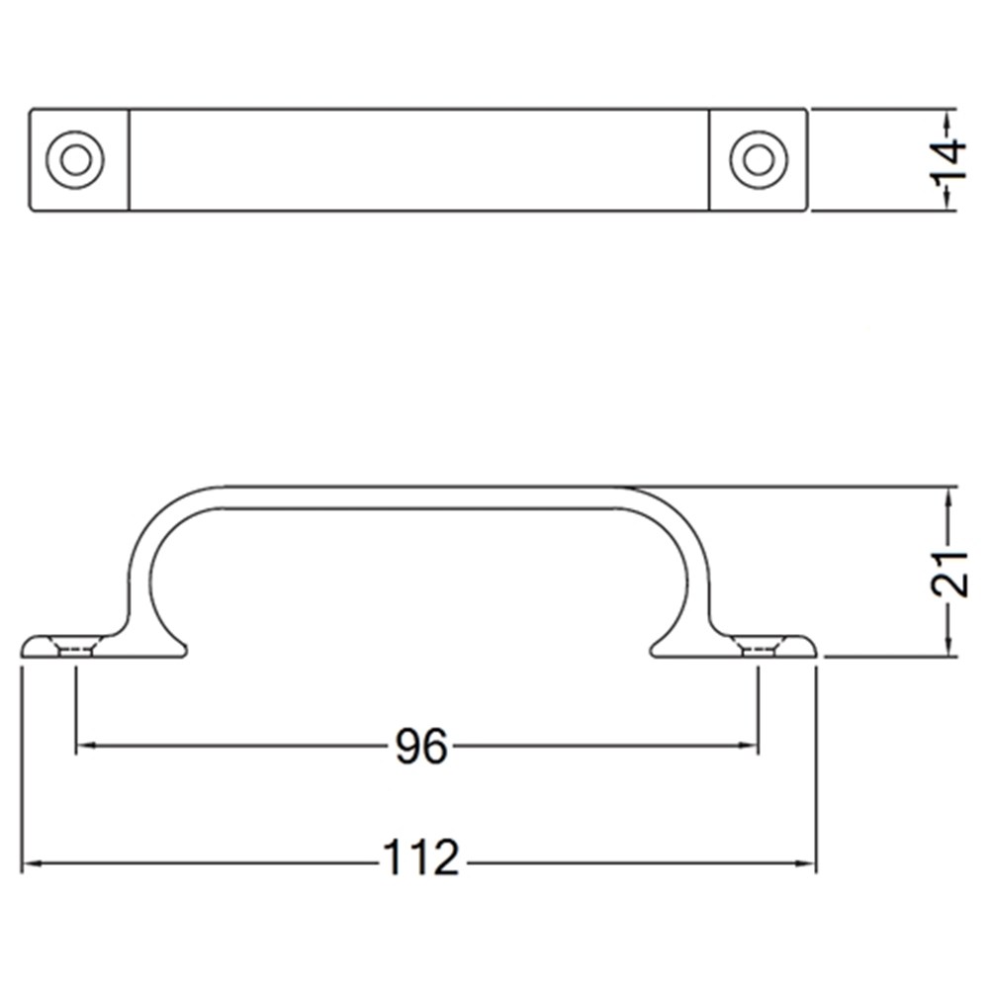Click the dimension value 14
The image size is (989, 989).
(947, 160)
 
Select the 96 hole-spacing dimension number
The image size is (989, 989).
(421, 747)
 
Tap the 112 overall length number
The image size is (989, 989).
(421, 858)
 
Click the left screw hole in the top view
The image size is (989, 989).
(75, 159)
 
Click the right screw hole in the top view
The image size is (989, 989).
(759, 159)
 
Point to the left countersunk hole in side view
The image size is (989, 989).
(76, 648)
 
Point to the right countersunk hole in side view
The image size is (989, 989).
(758, 648)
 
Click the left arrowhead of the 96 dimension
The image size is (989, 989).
(83, 746)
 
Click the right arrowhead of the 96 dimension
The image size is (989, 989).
(751, 746)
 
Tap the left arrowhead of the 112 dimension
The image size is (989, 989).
(30, 864)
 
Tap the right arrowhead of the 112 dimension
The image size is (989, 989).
(808, 864)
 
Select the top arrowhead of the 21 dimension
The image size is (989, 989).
(948, 494)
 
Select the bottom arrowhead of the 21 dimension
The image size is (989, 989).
(948, 648)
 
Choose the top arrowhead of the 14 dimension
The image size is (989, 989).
(947, 117)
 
